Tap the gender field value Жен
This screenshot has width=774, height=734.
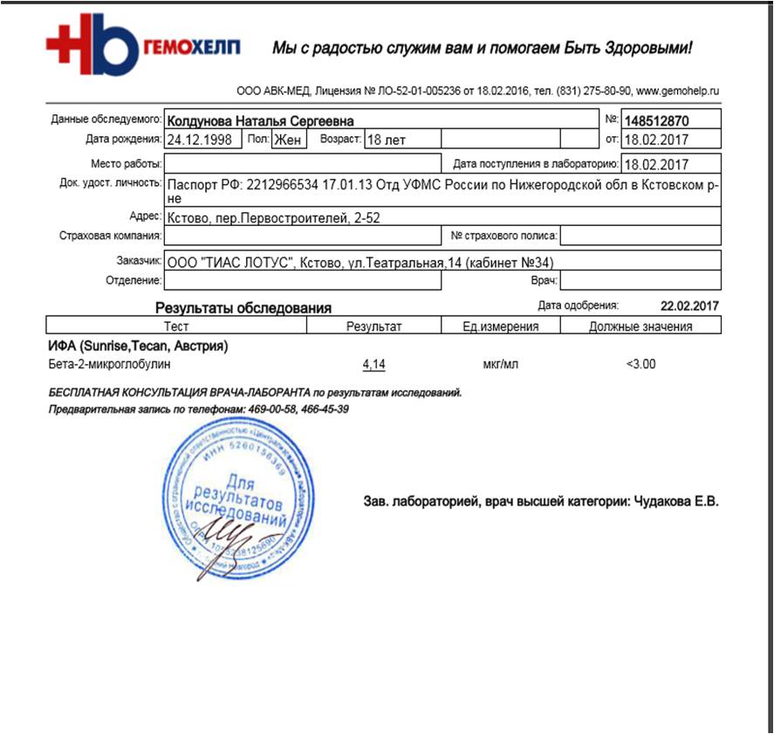click(288, 139)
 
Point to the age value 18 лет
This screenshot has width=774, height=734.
click(386, 139)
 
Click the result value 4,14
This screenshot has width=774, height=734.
click(373, 364)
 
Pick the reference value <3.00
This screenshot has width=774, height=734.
click(640, 364)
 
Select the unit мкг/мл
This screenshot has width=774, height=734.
click(500, 364)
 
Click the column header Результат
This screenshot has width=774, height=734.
click(373, 326)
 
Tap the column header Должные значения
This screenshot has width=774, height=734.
click(640, 326)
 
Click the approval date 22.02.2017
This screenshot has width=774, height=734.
click(690, 305)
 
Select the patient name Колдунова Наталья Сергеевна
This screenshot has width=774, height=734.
click(260, 120)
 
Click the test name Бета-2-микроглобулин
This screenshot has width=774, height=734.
click(110, 364)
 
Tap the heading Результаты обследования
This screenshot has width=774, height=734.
click(243, 307)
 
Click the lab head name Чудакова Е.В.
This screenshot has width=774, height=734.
click(679, 502)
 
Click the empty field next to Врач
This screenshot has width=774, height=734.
click(640, 280)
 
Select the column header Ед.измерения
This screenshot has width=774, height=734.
click(500, 326)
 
